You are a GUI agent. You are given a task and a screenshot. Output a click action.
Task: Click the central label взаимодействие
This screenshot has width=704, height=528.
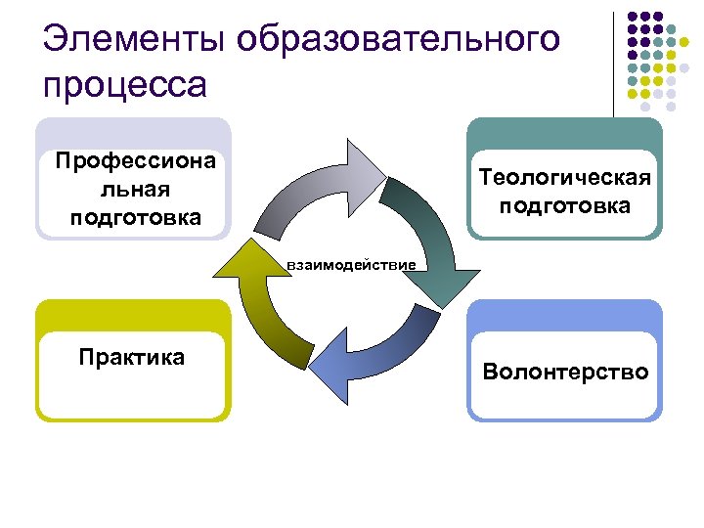351,264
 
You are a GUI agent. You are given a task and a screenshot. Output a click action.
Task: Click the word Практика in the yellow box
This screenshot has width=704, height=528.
132,357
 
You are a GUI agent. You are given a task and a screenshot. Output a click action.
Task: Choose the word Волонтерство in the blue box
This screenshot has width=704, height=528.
565,372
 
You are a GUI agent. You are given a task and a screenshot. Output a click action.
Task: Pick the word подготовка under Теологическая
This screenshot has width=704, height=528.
564,206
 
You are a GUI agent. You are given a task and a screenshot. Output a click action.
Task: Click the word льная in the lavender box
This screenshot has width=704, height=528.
135,188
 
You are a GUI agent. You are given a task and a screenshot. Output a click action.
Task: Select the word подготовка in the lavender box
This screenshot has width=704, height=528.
135,217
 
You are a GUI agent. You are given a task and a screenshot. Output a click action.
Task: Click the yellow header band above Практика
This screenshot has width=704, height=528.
133,314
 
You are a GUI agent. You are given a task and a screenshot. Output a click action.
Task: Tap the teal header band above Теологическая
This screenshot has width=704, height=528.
564,134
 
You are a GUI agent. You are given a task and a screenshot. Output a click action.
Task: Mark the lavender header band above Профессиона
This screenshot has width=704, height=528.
133,133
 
